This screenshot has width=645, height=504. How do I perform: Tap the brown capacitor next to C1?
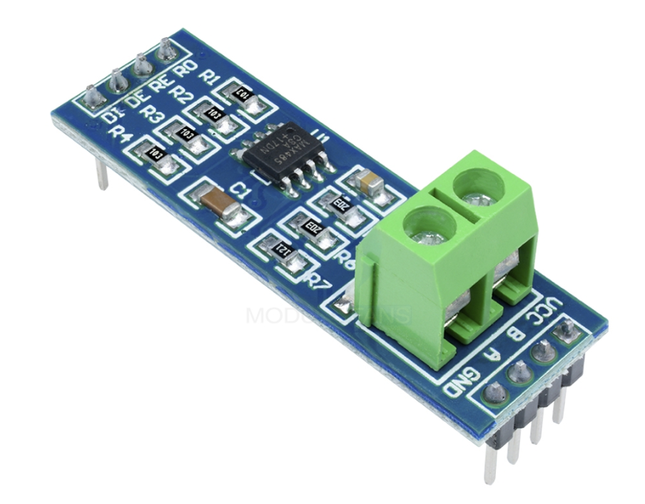(220, 202)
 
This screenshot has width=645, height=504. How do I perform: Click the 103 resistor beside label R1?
(242, 94)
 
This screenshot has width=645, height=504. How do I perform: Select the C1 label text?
(243, 190)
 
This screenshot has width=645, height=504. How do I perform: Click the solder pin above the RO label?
(166, 50)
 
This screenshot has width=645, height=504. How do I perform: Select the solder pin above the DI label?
(92, 96)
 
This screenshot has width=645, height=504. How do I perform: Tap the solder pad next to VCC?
(568, 329)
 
